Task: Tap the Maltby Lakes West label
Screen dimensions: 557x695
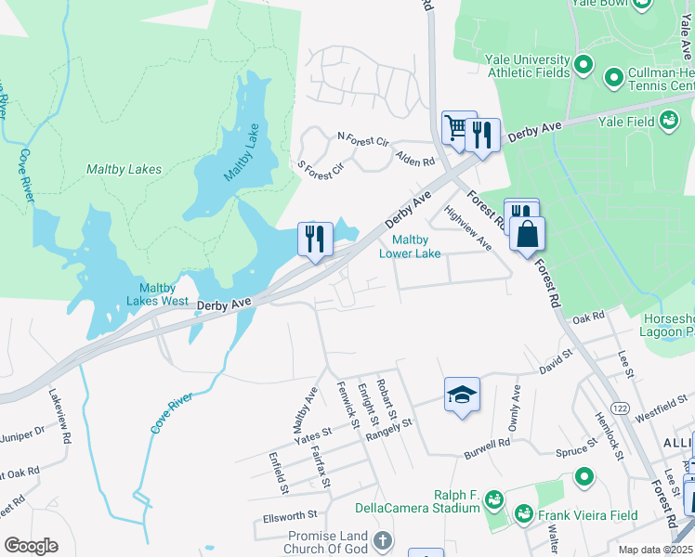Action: (164, 294)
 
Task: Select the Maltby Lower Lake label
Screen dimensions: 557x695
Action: (410, 246)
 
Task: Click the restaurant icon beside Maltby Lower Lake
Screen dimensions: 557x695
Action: (315, 239)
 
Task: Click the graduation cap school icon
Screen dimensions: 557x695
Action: (462, 395)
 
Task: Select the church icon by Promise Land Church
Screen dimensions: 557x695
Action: (381, 540)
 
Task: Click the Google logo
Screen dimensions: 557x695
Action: (31, 546)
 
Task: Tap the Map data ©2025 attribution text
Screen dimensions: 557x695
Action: (655, 550)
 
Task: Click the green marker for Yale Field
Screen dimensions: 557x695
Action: (668, 120)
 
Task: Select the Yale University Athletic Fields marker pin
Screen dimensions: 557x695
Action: (584, 65)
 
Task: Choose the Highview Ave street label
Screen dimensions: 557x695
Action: (468, 227)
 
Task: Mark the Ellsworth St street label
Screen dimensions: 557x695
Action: (290, 513)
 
